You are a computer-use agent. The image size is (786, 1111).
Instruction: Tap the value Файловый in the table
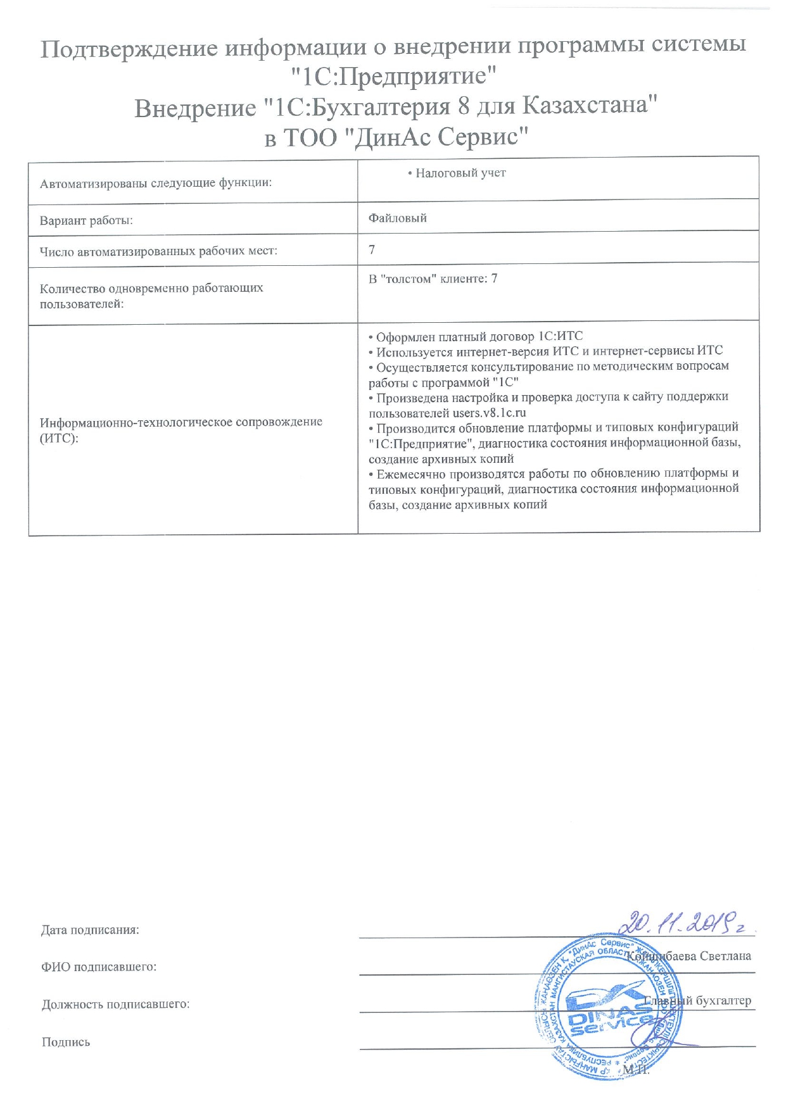[x=398, y=218]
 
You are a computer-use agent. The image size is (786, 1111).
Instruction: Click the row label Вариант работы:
[x=86, y=221]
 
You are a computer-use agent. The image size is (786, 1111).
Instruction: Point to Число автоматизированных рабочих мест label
[x=158, y=251]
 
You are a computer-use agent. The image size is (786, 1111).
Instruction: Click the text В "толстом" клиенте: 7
[x=433, y=279]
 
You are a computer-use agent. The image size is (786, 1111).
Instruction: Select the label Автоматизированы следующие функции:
[x=156, y=184]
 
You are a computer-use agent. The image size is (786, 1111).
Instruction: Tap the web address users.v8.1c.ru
[x=489, y=413]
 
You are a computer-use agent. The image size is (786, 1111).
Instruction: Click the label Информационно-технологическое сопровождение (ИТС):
[x=181, y=429]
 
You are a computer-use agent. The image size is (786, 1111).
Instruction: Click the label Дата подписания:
[x=90, y=930]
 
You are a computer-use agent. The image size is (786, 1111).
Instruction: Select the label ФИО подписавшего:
[x=99, y=967]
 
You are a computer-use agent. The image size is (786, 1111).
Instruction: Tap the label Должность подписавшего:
[x=116, y=1004]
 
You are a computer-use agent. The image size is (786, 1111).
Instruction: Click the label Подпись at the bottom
[x=66, y=1042]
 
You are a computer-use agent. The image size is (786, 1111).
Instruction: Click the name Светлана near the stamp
[x=725, y=956]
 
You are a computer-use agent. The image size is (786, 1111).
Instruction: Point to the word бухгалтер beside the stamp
[x=723, y=1001]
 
